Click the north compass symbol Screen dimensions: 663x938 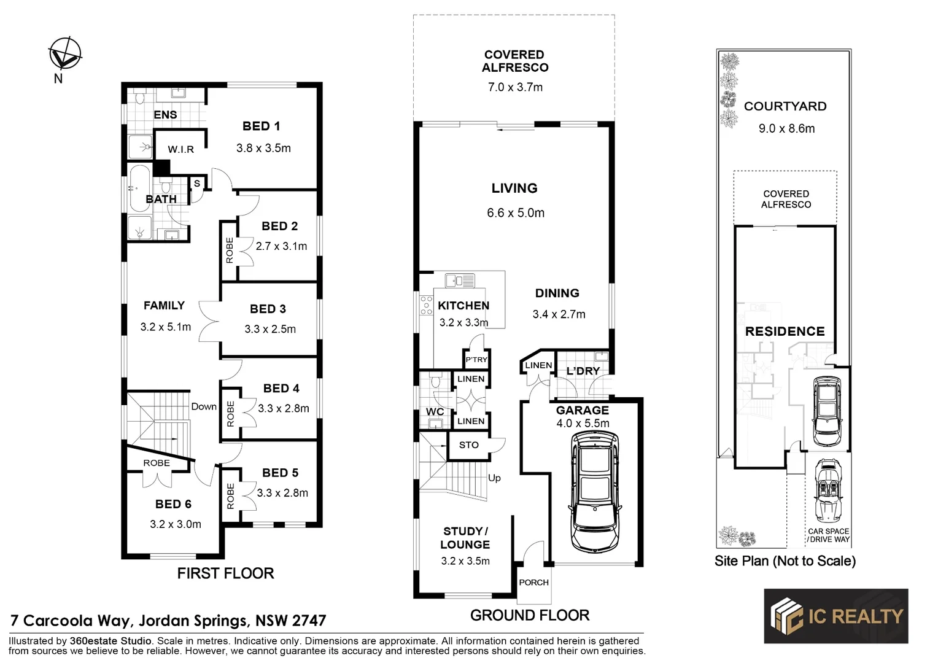(x=65, y=53)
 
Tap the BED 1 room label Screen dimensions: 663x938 (x=261, y=126)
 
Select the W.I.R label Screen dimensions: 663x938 (x=180, y=149)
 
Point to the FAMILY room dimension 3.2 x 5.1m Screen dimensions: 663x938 (x=165, y=327)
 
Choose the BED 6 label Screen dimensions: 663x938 (x=173, y=504)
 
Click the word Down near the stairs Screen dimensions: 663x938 (x=204, y=406)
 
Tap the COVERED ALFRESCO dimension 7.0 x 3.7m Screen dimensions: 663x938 (x=515, y=87)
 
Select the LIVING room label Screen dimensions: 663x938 (x=514, y=188)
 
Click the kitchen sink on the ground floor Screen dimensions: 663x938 (x=460, y=281)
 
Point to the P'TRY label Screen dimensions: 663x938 (x=476, y=360)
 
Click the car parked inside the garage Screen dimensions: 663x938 (x=594, y=491)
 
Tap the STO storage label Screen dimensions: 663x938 (x=468, y=445)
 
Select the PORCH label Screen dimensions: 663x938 (x=533, y=583)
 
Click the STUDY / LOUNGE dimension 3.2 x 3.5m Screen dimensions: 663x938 (x=465, y=560)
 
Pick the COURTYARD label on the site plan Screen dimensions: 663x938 (x=785, y=106)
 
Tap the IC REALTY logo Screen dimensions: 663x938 (x=835, y=616)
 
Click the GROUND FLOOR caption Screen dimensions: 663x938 (x=530, y=615)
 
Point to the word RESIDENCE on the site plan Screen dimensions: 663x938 (x=785, y=331)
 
